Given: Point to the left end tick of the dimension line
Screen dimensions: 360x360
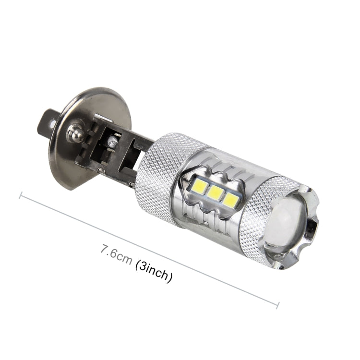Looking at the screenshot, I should tap(20, 195).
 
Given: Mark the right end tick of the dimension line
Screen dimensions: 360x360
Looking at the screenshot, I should tap(278, 303).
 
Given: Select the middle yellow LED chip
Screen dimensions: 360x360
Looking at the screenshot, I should tap(216, 193).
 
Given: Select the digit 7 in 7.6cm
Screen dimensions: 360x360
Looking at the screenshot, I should tap(103, 250).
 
